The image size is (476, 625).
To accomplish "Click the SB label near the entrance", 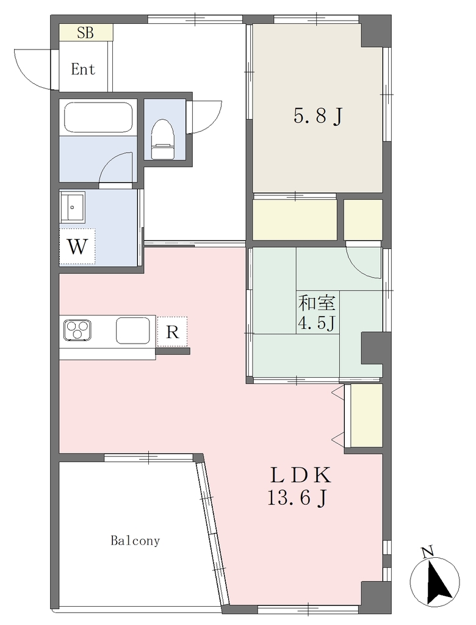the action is pyautogui.click(x=85, y=33).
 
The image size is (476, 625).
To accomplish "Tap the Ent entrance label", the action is pyautogui.click(x=84, y=70).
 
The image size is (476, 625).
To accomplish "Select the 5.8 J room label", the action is pyautogui.click(x=318, y=117).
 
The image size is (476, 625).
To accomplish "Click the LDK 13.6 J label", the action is pyautogui.click(x=299, y=486).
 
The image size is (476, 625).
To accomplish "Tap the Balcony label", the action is pyautogui.click(x=135, y=541).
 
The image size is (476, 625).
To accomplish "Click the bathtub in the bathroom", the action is pyautogui.click(x=98, y=117).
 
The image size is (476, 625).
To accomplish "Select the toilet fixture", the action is pyautogui.click(x=163, y=139).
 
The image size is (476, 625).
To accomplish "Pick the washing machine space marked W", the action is pyautogui.click(x=78, y=247).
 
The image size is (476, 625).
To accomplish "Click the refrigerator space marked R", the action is pyautogui.click(x=172, y=331).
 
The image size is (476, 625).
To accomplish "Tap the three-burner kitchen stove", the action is pyautogui.click(x=78, y=330).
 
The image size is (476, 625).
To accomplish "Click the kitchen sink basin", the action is pyautogui.click(x=133, y=330).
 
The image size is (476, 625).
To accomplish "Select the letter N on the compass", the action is pyautogui.click(x=428, y=552).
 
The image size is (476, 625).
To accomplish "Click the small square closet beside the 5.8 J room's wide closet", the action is pyautogui.click(x=363, y=220).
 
